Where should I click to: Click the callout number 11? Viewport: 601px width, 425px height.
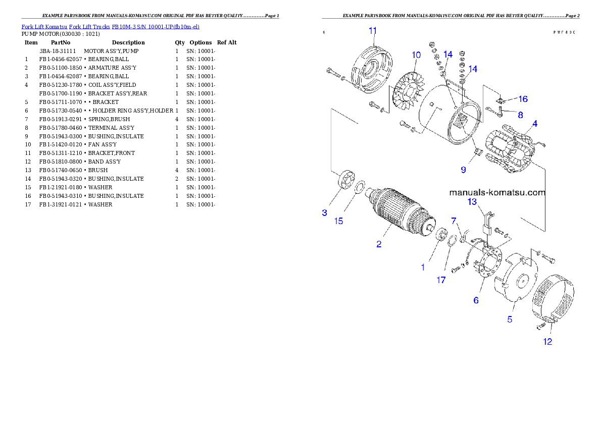(373, 31)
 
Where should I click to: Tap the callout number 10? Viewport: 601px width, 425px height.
(416, 55)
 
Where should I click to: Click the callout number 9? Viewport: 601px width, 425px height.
(463, 170)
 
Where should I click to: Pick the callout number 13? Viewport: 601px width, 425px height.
(472, 202)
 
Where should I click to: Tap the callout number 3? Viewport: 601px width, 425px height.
(325, 212)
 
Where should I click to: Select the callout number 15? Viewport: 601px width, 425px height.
(339, 221)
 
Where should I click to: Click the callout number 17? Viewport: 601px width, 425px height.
(441, 280)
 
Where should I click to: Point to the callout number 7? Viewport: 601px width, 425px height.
(454, 221)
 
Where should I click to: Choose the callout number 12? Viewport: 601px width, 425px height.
(547, 342)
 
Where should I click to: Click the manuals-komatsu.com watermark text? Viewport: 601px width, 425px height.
(497, 192)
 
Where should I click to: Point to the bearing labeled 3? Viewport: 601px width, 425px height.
(344, 181)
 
